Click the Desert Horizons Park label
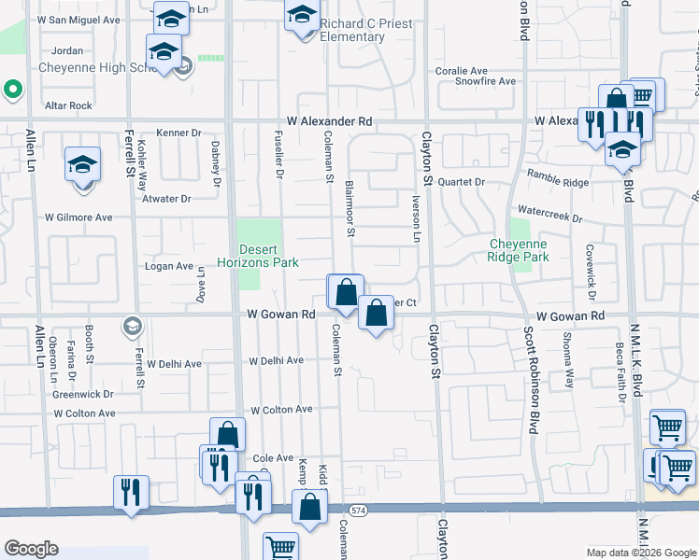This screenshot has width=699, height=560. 267,256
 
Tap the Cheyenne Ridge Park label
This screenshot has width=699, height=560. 519,250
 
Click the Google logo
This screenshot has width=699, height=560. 32,549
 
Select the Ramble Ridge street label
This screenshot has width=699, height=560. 559,178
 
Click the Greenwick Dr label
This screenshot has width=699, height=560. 82,394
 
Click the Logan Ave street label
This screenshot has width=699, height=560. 168,266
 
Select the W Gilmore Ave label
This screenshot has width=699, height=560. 78,217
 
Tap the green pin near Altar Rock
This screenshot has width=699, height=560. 12,91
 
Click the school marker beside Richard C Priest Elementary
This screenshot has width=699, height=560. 303,16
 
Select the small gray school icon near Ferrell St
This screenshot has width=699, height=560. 132,326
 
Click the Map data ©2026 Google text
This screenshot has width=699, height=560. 640,553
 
